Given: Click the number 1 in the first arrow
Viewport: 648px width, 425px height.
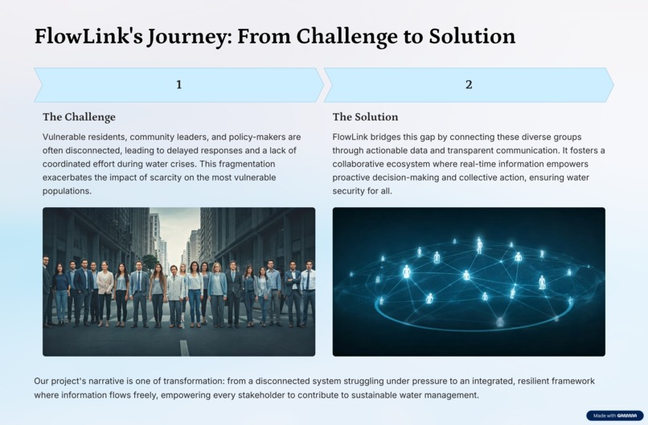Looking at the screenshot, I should tap(178, 84).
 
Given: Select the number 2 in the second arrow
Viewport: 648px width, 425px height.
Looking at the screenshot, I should tap(469, 84).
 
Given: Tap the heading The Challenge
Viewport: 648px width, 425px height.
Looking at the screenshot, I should tap(79, 116).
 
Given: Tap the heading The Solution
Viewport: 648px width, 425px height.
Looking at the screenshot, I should tap(365, 116).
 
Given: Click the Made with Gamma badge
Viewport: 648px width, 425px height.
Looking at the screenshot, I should tap(614, 415).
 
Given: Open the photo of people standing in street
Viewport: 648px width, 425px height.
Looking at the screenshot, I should tap(178, 281).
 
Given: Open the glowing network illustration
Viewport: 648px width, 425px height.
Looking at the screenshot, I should tap(469, 281).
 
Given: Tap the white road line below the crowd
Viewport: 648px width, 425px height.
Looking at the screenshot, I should tap(184, 347).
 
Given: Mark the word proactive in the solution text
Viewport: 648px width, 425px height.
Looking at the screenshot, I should tap(353, 178).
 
